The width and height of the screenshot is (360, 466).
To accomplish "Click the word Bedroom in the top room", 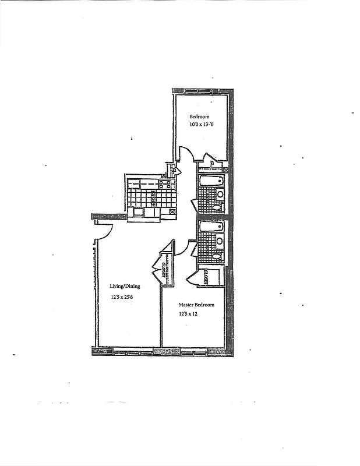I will tap(199, 116).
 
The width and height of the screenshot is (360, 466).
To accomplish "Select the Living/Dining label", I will tap(125, 286).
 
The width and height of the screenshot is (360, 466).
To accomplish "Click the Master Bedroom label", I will tap(196, 305).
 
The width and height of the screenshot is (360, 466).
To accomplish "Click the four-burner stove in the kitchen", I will tap(164, 184).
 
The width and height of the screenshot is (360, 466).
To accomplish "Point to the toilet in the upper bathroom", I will tap(217, 207).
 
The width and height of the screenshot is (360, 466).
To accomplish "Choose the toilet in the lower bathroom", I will tap(217, 255).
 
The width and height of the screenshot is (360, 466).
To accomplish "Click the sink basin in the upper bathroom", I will tap(220, 194).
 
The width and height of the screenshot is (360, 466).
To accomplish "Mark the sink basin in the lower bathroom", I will tap(220, 240).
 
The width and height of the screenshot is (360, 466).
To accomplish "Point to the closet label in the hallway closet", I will tap(165, 269).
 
